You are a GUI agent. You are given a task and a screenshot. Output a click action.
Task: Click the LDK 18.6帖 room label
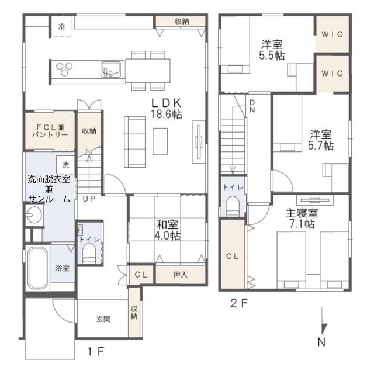(x=166, y=109)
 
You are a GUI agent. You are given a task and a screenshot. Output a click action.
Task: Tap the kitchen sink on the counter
(x=110, y=70)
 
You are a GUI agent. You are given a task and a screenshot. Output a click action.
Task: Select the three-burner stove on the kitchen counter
(x=64, y=69)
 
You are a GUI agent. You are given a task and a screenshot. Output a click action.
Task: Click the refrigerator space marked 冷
(x=62, y=26)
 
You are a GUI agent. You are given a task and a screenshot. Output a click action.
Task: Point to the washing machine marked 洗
(x=65, y=165)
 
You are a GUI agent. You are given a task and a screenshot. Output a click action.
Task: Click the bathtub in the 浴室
(x=37, y=268)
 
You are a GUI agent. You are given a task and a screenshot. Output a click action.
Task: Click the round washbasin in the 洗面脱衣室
(x=34, y=214)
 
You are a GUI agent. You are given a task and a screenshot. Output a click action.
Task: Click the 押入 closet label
(x=180, y=275)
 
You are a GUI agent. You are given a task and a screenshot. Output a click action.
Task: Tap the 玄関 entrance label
(x=103, y=319)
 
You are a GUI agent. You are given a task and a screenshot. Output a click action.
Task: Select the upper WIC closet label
(x=332, y=34)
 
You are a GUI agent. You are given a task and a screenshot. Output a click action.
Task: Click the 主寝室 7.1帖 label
(x=302, y=219)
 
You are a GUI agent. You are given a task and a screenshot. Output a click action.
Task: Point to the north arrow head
(x=324, y=328)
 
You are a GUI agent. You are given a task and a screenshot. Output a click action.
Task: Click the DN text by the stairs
(x=252, y=106)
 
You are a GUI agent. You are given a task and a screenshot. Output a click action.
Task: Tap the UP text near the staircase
(x=89, y=199)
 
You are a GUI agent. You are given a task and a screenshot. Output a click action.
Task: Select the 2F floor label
(x=239, y=303)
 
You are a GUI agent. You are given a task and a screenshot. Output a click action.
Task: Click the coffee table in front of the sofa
(x=160, y=141)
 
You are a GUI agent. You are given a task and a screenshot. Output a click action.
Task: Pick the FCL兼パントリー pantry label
(x=50, y=131)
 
